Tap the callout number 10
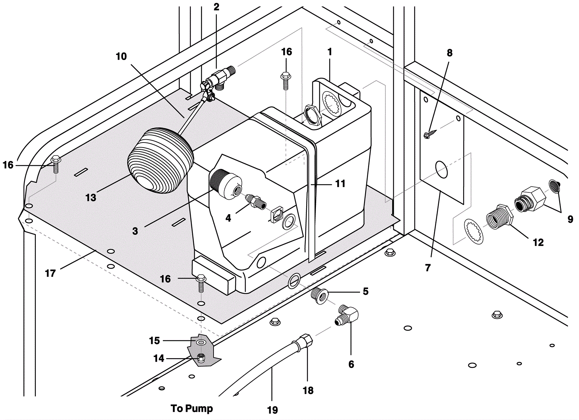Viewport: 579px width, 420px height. [121, 56]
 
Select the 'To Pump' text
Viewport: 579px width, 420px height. [192, 408]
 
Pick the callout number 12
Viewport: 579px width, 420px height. [538, 242]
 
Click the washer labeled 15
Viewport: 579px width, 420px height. [200, 343]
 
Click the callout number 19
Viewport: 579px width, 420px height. [272, 410]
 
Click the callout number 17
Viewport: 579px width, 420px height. [50, 273]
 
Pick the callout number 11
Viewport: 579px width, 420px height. [340, 183]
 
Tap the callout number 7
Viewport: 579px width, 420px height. [427, 268]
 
